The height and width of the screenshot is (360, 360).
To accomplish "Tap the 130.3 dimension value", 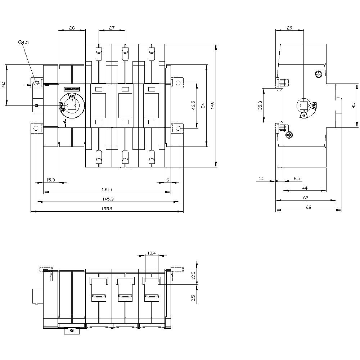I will [108, 189].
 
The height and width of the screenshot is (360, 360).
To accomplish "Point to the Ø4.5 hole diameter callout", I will [23, 42].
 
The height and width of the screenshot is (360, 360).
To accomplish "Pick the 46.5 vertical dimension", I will [193, 105].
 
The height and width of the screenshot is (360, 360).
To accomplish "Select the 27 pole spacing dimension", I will [112, 27].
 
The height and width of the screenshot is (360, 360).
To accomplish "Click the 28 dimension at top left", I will [72, 27].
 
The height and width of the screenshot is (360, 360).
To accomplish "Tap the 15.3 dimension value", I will [51, 180].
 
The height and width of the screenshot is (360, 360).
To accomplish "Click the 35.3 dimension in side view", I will [260, 105].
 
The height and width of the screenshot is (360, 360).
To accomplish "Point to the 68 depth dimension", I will [308, 207].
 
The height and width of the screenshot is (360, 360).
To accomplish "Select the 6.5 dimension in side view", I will [297, 178].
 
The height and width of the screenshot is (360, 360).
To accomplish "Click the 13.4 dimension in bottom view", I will [152, 253].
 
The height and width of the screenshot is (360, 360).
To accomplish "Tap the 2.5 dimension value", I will [193, 298].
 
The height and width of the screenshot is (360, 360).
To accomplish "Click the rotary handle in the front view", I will [72, 105].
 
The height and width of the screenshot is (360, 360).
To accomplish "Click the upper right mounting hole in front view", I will [178, 83].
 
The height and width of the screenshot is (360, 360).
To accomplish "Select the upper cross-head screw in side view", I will [318, 75].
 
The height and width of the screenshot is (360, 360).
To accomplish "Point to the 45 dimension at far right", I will [353, 105].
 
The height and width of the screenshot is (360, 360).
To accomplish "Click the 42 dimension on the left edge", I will [3, 85].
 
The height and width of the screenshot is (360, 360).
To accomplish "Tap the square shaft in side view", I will [304, 105].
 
